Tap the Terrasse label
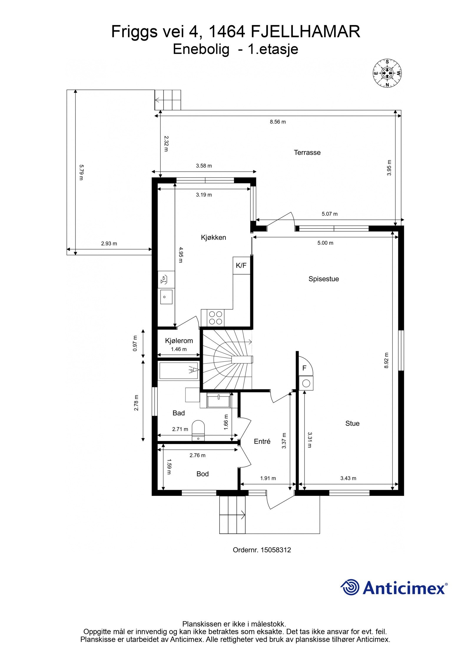(x=307, y=152)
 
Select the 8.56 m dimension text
(x=278, y=122)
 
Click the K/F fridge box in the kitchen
(x=241, y=265)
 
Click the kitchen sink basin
(x=166, y=296)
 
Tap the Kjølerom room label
(x=179, y=341)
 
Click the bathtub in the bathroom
(x=178, y=371)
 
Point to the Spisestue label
(x=324, y=279)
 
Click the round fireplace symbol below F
(x=306, y=383)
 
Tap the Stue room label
(x=352, y=423)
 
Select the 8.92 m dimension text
(x=387, y=361)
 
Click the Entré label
(x=262, y=441)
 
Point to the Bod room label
(x=202, y=474)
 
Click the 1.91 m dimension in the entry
(x=268, y=478)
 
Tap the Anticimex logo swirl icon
(x=350, y=587)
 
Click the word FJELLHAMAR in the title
(x=305, y=32)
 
